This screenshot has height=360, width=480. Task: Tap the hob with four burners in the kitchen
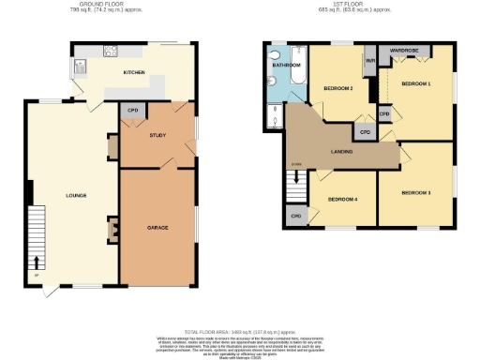[x=110, y=52]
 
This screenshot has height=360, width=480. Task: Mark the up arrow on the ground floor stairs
[x=37, y=261]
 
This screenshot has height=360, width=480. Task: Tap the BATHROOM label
[x=286, y=66]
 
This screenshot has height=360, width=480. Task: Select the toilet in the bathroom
[x=271, y=82]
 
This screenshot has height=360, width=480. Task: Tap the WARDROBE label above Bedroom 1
[x=403, y=49]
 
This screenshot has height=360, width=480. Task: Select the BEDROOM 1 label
[x=416, y=83]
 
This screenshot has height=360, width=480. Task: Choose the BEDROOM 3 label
[x=415, y=192]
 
